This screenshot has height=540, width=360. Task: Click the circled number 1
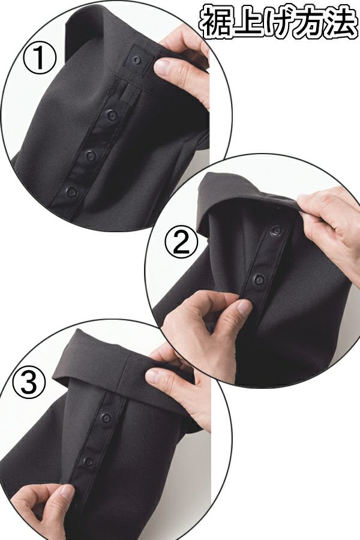coord(39,58)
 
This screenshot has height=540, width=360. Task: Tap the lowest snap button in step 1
coord(71,192)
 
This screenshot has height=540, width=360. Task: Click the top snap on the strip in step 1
coord(111,115)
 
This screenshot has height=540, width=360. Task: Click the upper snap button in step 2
coord(275,230)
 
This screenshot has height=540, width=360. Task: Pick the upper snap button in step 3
coord(106,418)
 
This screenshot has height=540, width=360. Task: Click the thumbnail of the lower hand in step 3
coord(67,491)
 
